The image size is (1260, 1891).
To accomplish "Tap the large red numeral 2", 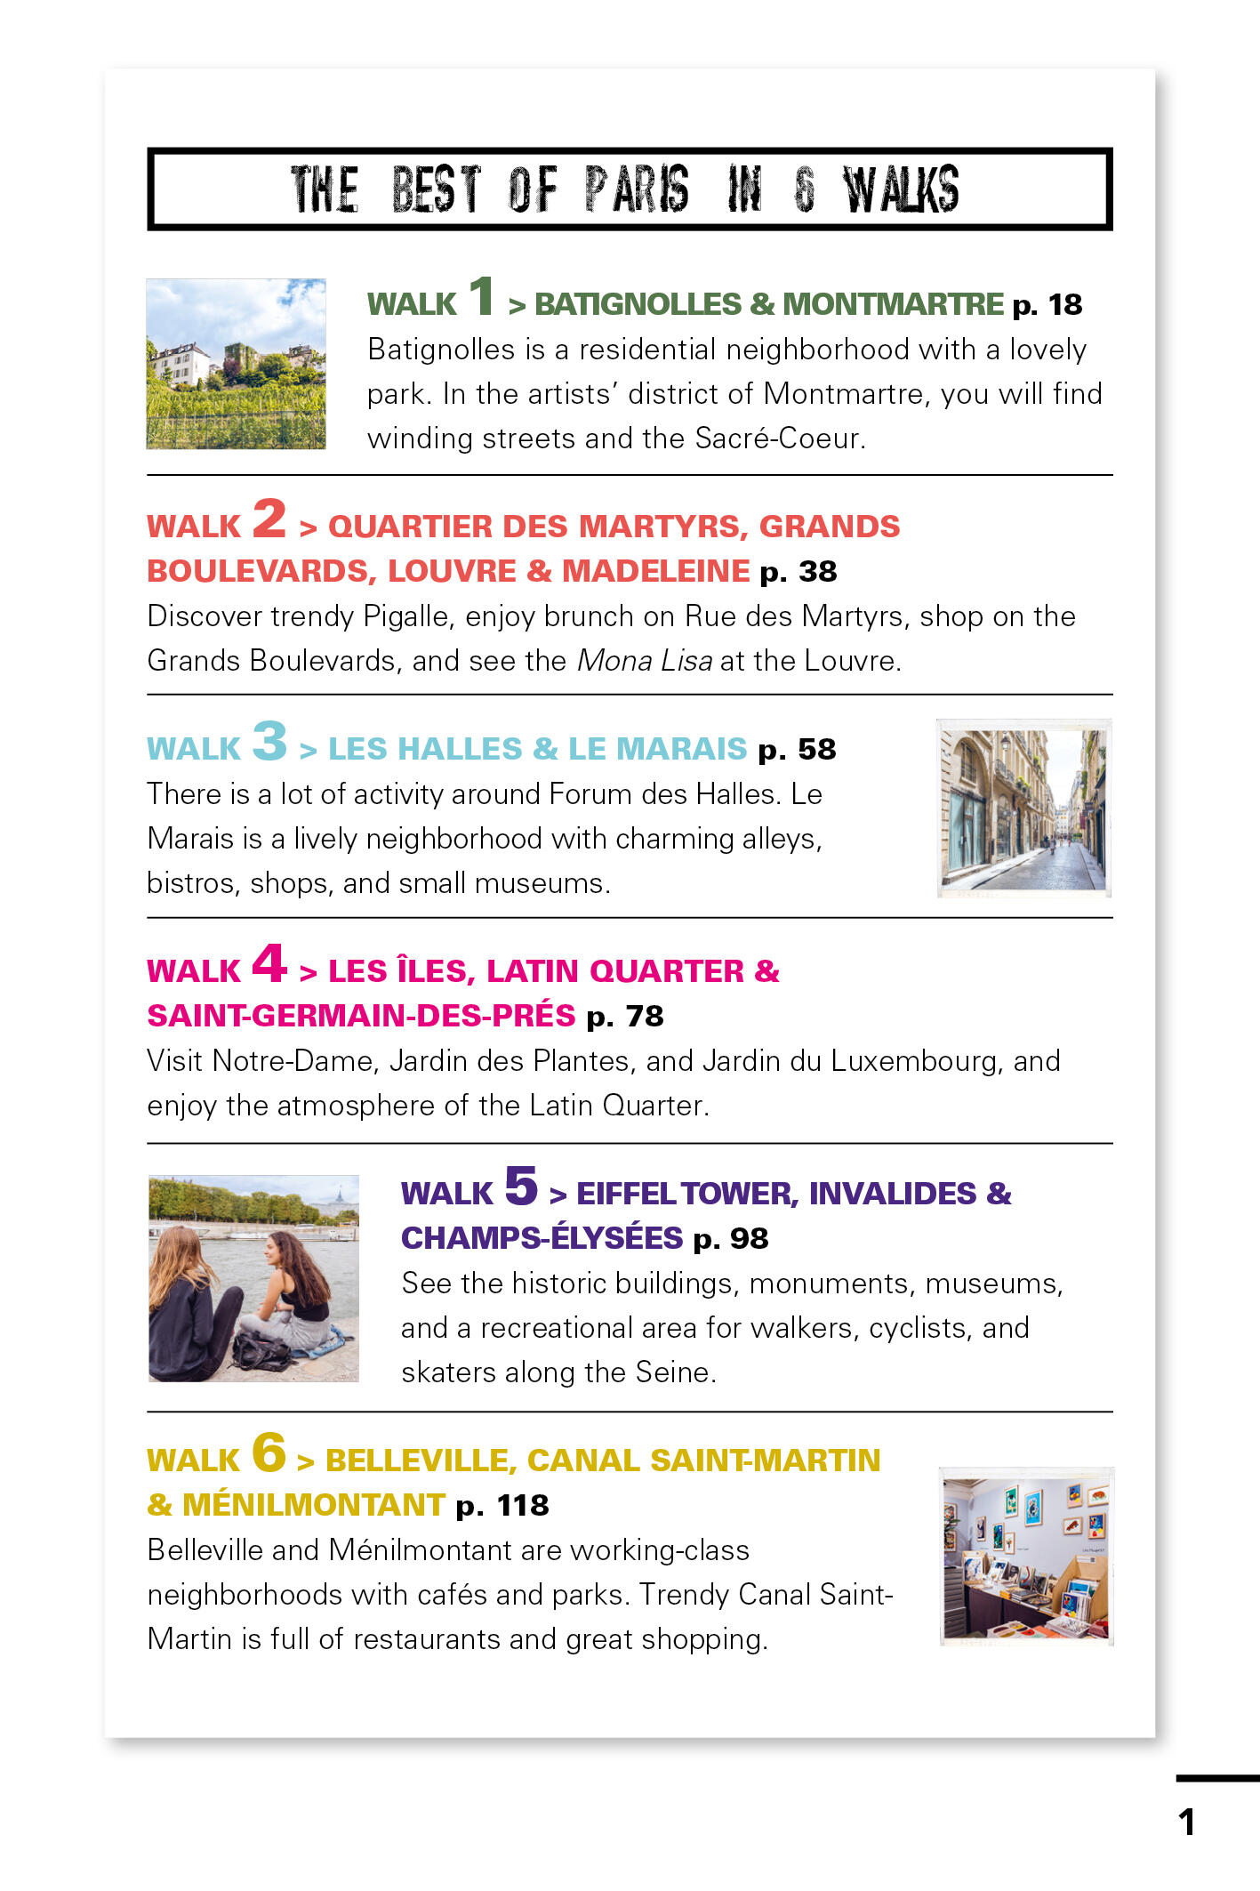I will click(x=269, y=518).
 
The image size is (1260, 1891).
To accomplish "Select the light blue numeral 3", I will click(x=269, y=740).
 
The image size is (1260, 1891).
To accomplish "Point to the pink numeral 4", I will click(x=269, y=962).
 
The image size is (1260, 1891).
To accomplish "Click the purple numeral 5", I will click(x=521, y=1185).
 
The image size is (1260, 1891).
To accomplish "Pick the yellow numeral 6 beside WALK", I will click(x=269, y=1452).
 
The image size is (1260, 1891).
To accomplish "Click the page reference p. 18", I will click(x=1047, y=305).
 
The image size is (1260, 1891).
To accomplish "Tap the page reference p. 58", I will click(x=797, y=750).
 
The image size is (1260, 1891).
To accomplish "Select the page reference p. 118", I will click(x=502, y=1506).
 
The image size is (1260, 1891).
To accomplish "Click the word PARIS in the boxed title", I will click(x=636, y=189).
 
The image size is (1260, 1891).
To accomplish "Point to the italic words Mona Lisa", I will click(x=645, y=661).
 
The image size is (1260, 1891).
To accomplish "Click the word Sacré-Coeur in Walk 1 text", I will click(x=779, y=439).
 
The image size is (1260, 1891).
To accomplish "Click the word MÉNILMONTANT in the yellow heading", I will click(x=313, y=1505).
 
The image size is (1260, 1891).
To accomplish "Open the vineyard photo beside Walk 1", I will click(x=236, y=364).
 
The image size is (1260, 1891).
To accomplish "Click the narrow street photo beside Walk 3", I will click(x=1024, y=808).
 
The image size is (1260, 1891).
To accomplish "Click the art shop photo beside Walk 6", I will click(x=1026, y=1557).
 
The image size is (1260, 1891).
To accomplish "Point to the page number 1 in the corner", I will click(x=1186, y=1822).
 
